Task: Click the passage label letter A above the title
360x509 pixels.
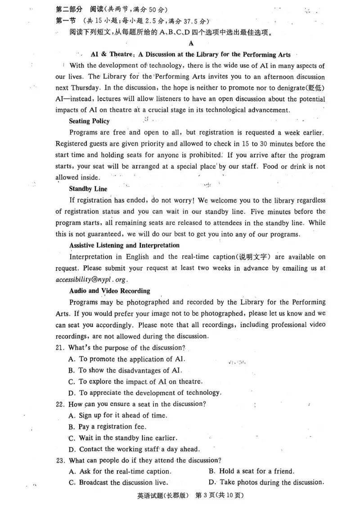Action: [191, 44]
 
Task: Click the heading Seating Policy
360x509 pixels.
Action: [89, 121]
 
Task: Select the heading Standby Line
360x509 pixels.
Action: [88, 189]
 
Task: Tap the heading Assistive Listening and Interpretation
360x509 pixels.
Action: [124, 246]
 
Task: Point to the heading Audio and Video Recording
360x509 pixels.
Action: [109, 291]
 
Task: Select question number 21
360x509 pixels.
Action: [60, 348]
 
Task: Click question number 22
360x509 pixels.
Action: [60, 404]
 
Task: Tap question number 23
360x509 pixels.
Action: [60, 460]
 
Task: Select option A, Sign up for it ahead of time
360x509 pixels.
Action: [117, 415]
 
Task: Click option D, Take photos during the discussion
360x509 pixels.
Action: [266, 482]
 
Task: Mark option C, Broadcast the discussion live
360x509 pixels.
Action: [118, 482]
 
